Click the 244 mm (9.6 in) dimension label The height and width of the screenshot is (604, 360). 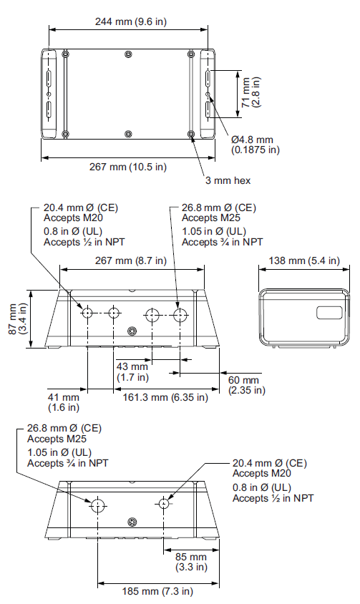pyautogui.click(x=131, y=21)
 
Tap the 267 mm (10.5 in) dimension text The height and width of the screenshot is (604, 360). pyautogui.click(x=128, y=167)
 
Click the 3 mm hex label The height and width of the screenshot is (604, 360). pyautogui.click(x=228, y=180)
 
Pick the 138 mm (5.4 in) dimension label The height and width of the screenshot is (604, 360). pyautogui.click(x=304, y=260)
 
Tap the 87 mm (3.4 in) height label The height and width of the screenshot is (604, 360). pyautogui.click(x=18, y=319)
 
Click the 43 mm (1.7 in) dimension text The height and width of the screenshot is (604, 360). pyautogui.click(x=132, y=371)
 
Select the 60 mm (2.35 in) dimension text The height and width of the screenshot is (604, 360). pyautogui.click(x=247, y=385)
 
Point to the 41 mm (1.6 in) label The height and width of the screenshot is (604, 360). pyautogui.click(x=63, y=402)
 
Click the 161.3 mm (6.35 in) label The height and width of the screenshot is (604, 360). pyautogui.click(x=165, y=397)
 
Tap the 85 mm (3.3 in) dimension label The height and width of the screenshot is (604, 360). pyautogui.click(x=191, y=562)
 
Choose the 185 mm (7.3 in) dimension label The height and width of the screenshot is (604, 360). pyautogui.click(x=157, y=591)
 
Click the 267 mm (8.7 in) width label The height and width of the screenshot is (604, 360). pyautogui.click(x=131, y=260)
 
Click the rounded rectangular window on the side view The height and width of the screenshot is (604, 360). pyautogui.click(x=329, y=313)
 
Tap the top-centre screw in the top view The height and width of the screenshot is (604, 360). pyautogui.click(x=128, y=54)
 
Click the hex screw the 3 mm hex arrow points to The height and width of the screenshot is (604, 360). pyautogui.click(x=191, y=134)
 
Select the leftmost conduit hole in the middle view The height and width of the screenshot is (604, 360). pyautogui.click(x=87, y=313)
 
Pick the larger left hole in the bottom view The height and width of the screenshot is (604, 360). pyautogui.click(x=97, y=506)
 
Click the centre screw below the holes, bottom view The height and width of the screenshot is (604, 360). pyautogui.click(x=132, y=522)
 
